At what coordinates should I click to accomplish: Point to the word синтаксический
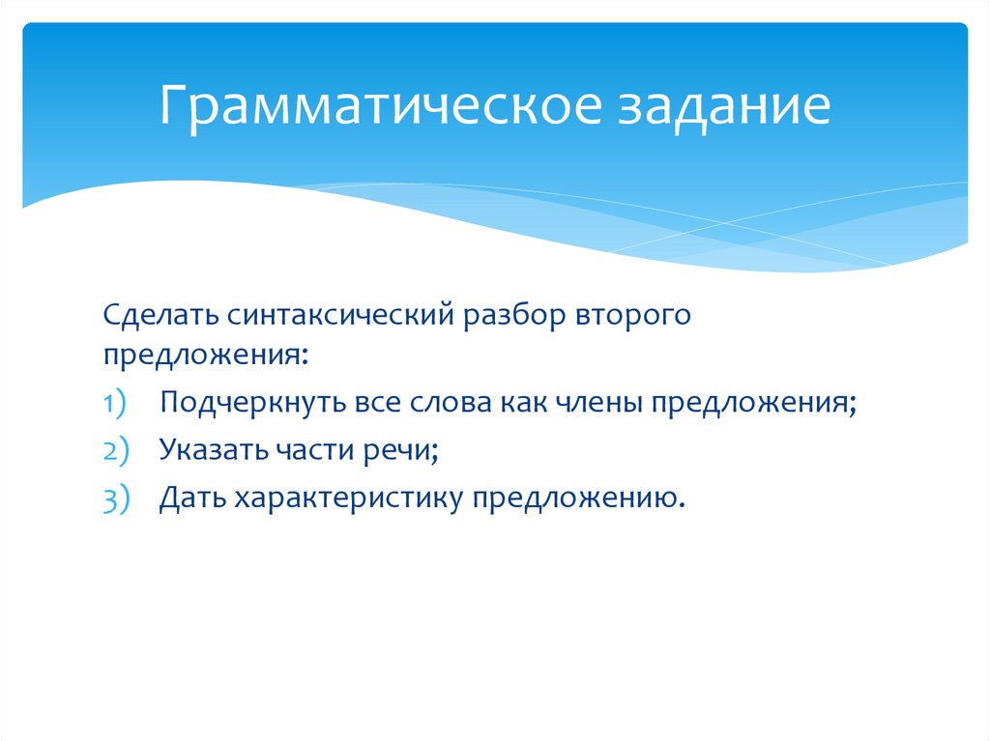[x=342, y=317]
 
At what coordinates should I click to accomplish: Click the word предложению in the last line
[x=580, y=499]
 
